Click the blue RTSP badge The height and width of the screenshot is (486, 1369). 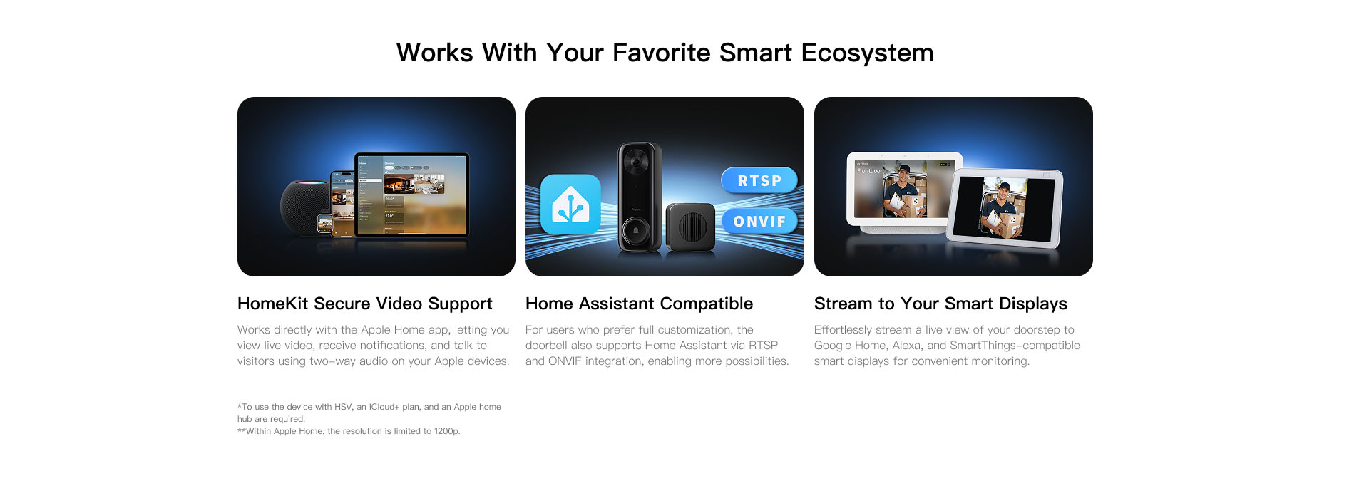click(759, 181)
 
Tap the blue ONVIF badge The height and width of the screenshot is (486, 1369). click(759, 222)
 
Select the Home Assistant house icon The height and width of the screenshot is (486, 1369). click(570, 205)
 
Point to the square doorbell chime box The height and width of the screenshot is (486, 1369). click(689, 227)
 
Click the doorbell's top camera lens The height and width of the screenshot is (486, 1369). click(635, 162)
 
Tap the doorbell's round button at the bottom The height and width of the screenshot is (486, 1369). click(635, 231)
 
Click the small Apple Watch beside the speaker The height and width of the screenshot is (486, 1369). click(324, 224)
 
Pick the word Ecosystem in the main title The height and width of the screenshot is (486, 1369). click(867, 53)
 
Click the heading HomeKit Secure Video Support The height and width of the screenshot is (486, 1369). click(364, 304)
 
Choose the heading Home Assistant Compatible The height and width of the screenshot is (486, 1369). click(639, 304)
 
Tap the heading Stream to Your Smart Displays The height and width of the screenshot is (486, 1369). click(940, 304)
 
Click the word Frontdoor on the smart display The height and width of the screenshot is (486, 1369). click(869, 171)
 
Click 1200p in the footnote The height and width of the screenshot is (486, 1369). click(447, 431)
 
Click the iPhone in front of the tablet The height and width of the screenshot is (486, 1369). click(343, 204)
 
